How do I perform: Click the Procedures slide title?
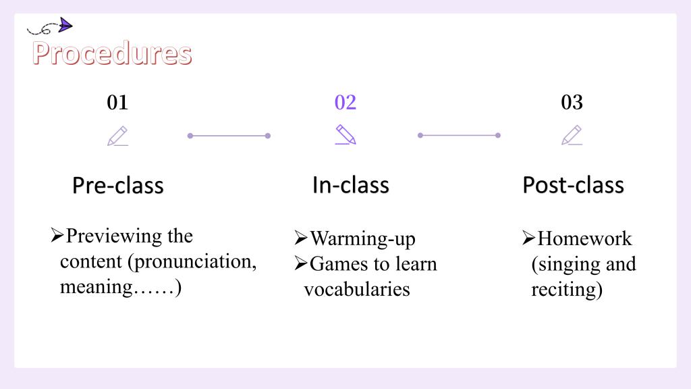(x=112, y=53)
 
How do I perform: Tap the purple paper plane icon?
(x=65, y=25)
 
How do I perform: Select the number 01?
(x=117, y=103)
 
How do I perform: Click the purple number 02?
(x=345, y=103)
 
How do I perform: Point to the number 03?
(x=572, y=103)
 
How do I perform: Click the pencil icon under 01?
(x=117, y=136)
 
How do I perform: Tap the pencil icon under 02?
(x=345, y=134)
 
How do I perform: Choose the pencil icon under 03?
(x=572, y=135)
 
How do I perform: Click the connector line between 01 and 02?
(x=229, y=136)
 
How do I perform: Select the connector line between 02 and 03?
(x=459, y=135)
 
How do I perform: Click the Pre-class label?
(x=118, y=185)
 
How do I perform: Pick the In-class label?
(x=351, y=185)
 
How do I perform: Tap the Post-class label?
(x=574, y=185)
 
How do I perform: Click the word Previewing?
(x=113, y=236)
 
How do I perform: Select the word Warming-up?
(x=362, y=239)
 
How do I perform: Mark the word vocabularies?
(x=357, y=289)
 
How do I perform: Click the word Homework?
(x=584, y=238)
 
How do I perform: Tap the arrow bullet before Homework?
(x=528, y=238)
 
